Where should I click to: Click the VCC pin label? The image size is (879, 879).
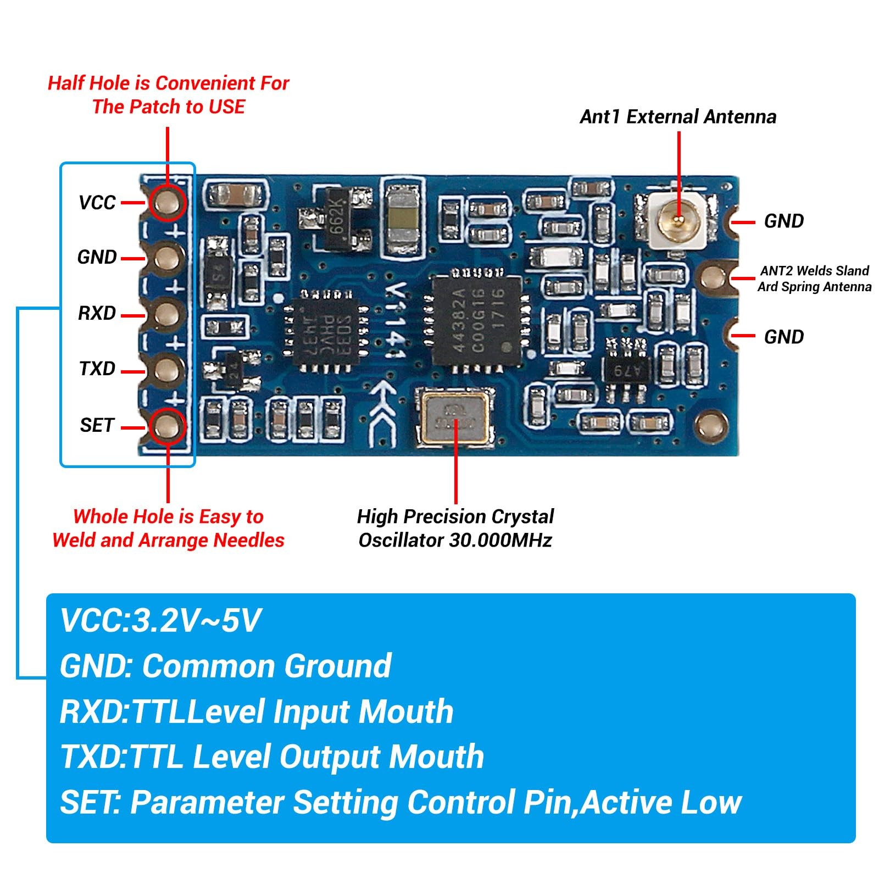(97, 203)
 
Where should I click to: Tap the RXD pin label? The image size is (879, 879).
(97, 313)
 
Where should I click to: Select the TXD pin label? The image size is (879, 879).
(97, 369)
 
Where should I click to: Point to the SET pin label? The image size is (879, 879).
(97, 425)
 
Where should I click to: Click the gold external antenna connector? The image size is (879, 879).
(678, 221)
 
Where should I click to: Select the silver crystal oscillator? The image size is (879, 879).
(455, 416)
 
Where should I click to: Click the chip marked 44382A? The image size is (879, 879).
(476, 321)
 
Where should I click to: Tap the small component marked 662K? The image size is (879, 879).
(337, 219)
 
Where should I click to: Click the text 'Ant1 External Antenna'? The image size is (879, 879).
(678, 117)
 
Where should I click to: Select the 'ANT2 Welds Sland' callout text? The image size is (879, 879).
(814, 271)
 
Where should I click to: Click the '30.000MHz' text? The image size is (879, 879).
(500, 541)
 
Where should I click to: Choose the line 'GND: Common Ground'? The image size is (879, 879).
(225, 666)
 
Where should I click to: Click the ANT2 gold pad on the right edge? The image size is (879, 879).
(713, 277)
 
